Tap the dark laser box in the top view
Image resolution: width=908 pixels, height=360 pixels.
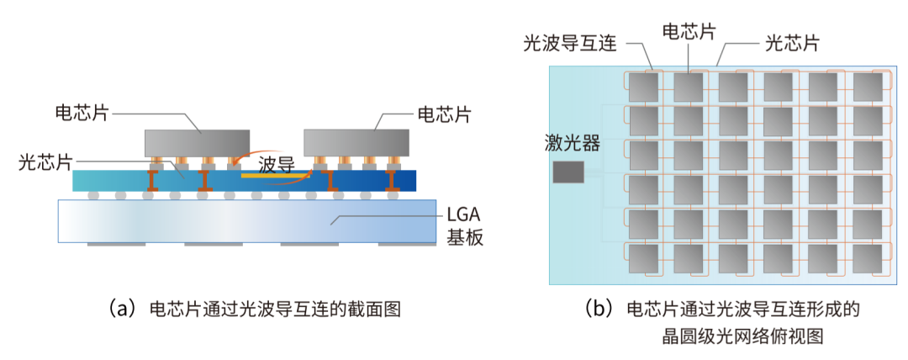point(568,172)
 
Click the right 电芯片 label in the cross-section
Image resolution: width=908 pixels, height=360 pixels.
point(444,113)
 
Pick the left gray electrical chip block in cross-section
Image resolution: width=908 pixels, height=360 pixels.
point(198,144)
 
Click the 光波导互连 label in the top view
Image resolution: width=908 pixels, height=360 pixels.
point(564,42)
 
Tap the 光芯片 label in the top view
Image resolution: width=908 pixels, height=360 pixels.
point(791,42)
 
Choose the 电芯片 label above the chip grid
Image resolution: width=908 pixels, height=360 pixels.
point(689,32)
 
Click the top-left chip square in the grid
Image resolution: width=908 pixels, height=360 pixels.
point(643,87)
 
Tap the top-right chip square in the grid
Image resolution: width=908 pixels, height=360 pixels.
point(868,87)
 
